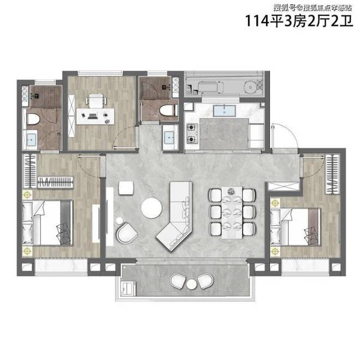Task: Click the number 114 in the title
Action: pyautogui.click(x=257, y=21)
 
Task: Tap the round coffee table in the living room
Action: pyautogui.click(x=151, y=208)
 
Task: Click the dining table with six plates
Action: pyautogui.click(x=232, y=213)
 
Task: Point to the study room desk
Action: pyautogui.click(x=95, y=116)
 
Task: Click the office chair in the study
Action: pyautogui.click(x=96, y=101)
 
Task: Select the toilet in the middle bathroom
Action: pyautogui.click(x=167, y=110)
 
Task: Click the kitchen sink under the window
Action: pyautogui.click(x=224, y=111)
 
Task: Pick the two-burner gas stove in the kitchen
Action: pyautogui.click(x=192, y=134)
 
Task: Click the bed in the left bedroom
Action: pyautogui.click(x=47, y=222)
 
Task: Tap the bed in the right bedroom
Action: pyautogui.click(x=296, y=227)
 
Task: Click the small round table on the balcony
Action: pyautogui.click(x=191, y=285)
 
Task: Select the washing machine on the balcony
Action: pyautogui.click(x=128, y=289)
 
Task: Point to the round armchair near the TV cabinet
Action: pyautogui.click(x=127, y=233)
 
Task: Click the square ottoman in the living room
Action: pyautogui.click(x=126, y=188)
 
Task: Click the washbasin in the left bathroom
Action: pyautogui.click(x=31, y=140)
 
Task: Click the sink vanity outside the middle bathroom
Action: pyautogui.click(x=170, y=137)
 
